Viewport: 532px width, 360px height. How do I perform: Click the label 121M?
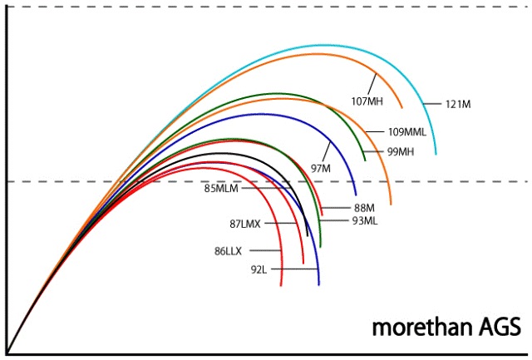click(x=458, y=104)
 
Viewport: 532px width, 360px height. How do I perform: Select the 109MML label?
click(x=407, y=131)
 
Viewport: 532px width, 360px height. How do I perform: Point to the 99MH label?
click(x=401, y=151)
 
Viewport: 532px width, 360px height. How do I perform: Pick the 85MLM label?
click(x=221, y=188)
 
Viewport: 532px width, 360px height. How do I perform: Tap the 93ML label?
click(x=367, y=220)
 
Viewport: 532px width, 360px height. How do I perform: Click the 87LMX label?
click(x=247, y=224)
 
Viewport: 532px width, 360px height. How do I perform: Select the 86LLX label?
click(x=230, y=249)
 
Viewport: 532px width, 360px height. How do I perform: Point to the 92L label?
click(x=259, y=270)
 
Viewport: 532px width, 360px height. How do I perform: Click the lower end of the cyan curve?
click(x=436, y=154)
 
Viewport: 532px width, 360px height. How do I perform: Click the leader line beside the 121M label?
click(x=432, y=103)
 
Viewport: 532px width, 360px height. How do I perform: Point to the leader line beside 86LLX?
click(x=266, y=250)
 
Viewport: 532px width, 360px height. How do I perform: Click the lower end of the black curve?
click(x=308, y=236)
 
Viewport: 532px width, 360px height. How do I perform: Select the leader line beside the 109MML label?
click(x=375, y=131)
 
